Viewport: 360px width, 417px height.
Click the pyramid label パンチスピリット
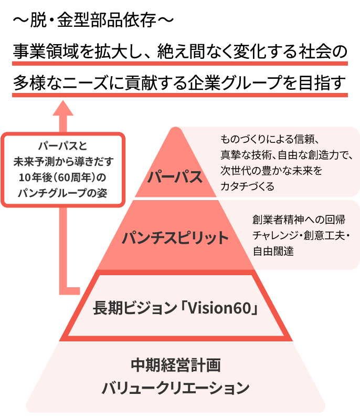point(175,238)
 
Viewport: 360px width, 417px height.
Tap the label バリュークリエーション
point(175,389)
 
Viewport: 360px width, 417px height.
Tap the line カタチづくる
point(248,186)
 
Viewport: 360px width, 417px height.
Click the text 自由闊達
point(273,251)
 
